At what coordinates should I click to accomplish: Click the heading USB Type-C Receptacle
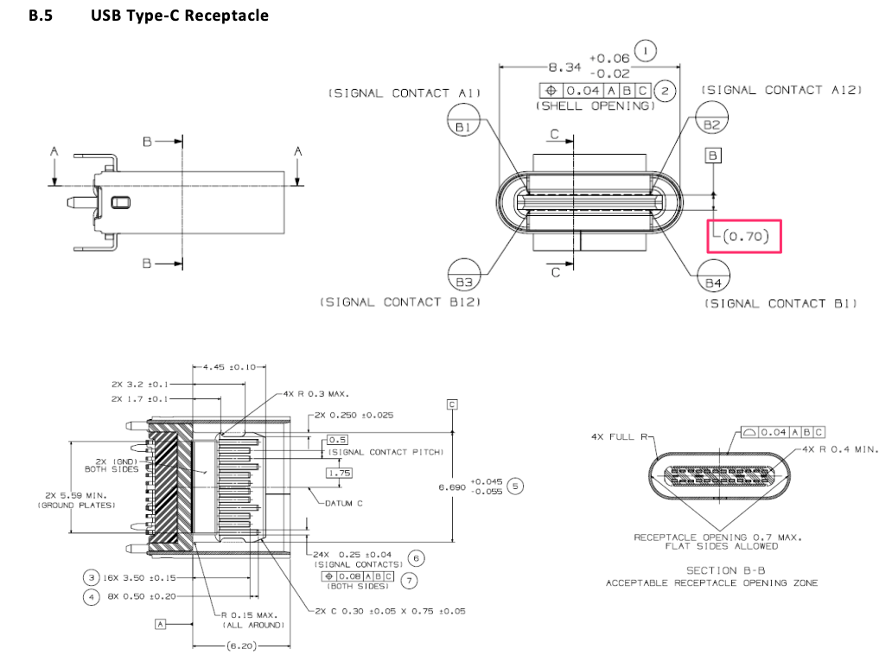point(179,16)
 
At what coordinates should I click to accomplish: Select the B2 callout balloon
point(711,125)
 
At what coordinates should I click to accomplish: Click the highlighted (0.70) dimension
point(745,236)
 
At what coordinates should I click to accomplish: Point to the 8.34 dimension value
point(565,67)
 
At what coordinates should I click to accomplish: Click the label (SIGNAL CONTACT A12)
point(781,90)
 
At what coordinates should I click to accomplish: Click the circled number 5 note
point(516,486)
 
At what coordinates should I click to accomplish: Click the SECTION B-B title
point(723,570)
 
